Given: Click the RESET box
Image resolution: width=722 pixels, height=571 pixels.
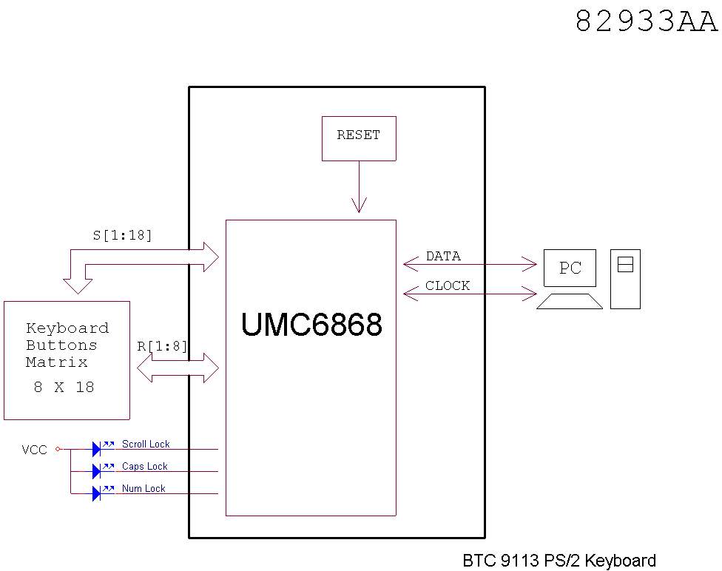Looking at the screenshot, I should click(359, 138).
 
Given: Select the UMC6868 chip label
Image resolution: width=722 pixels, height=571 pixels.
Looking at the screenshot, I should click(311, 324).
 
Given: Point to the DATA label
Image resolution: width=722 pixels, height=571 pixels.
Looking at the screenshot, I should click(443, 256).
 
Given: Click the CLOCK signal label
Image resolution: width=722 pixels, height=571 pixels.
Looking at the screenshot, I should click(448, 285).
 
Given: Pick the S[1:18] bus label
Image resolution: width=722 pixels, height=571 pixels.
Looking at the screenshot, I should click(122, 235).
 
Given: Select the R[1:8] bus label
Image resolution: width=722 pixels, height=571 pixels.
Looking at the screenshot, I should click(163, 345).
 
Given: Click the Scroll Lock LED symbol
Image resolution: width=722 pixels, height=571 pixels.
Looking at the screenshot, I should click(97, 448).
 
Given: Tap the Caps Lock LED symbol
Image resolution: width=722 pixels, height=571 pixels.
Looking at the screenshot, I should click(97, 470).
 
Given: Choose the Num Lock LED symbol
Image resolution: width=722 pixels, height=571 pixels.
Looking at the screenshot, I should click(97, 493).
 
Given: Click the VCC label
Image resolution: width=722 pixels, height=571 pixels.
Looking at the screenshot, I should click(34, 449).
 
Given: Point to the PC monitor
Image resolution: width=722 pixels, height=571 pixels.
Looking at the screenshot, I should click(570, 268).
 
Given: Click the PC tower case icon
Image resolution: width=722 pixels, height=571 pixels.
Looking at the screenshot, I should click(625, 278).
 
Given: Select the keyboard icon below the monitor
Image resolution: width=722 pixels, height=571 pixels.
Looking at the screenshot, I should click(569, 300).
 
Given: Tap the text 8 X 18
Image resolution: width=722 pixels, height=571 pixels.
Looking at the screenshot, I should click(64, 387).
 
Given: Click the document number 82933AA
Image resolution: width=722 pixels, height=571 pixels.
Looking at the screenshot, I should click(646, 21).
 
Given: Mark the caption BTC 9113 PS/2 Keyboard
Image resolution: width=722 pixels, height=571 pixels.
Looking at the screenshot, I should click(559, 561).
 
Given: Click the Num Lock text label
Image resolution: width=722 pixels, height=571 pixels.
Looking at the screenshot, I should click(144, 488).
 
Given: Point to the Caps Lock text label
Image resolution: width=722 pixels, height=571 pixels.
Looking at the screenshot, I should click(144, 466).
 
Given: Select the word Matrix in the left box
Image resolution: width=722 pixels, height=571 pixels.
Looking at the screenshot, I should click(57, 362).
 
